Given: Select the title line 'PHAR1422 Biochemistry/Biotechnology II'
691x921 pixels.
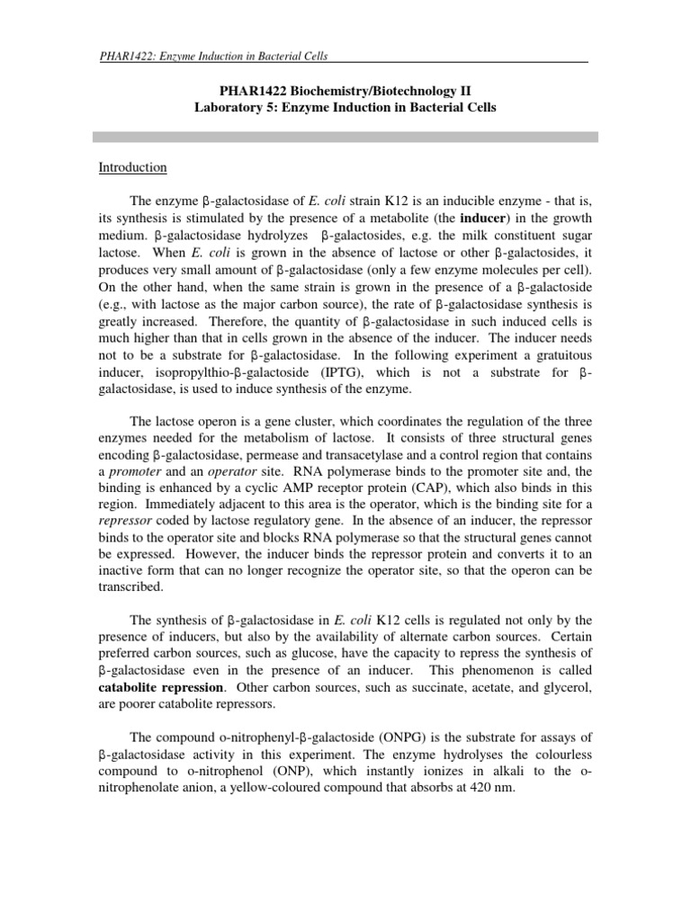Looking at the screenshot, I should click(345, 90).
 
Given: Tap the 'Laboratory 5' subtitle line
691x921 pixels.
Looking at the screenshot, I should click(345, 106).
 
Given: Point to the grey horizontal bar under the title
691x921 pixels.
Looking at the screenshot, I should click(345, 136).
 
